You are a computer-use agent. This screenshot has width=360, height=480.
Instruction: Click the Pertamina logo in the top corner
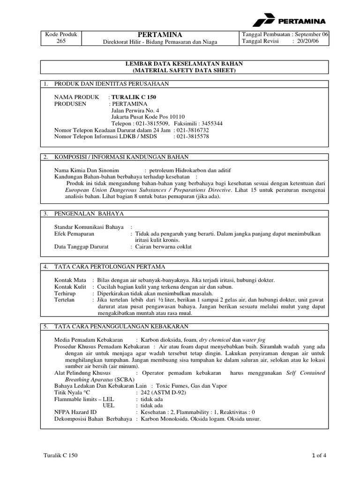(289, 21)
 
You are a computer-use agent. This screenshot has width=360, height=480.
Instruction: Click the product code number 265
(61, 41)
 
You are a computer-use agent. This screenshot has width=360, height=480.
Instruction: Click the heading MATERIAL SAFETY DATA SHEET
(183, 70)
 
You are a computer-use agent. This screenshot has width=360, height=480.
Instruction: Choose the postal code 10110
(176, 117)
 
